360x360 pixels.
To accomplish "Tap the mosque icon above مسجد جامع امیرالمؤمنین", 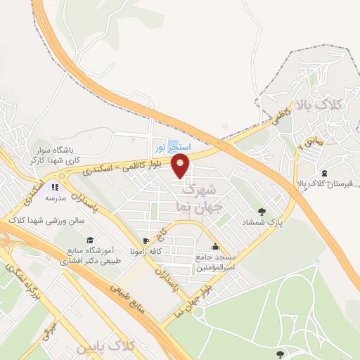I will point(214,247).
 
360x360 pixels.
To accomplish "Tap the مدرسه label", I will point(56,198).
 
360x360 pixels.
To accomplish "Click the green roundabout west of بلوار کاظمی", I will point(63,175).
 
